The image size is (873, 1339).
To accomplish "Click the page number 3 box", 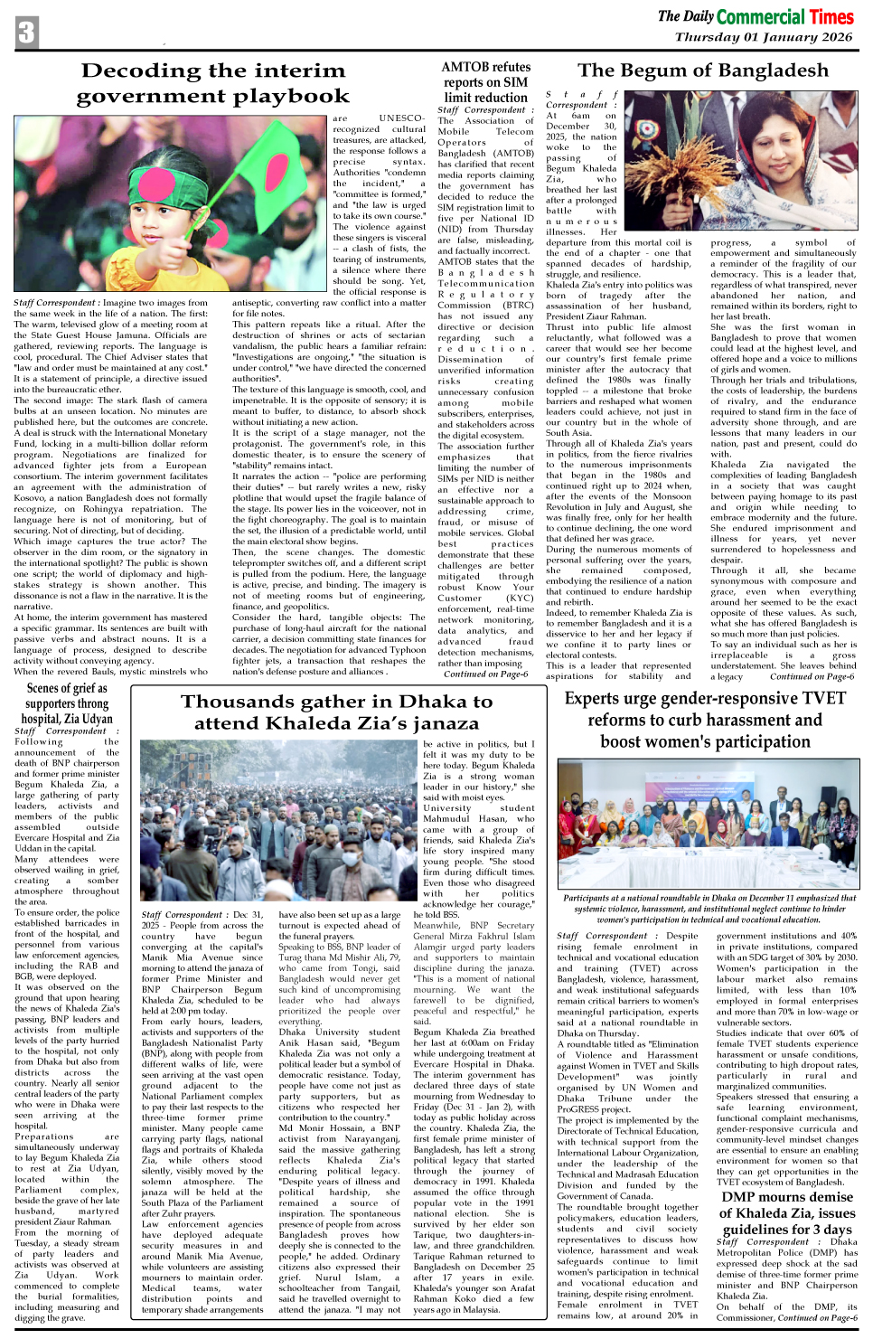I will click(27, 33).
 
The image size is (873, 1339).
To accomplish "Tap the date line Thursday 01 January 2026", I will click(764, 38).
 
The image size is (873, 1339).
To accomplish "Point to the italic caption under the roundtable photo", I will click(704, 908).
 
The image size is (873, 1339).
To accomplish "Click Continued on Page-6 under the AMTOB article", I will click(485, 674).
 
